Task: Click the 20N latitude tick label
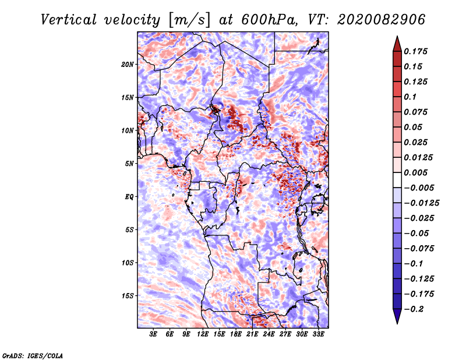(x=128, y=64)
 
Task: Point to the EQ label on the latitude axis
(x=129, y=197)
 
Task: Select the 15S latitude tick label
(x=128, y=296)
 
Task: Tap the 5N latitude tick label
(x=129, y=164)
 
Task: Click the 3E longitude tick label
(x=154, y=334)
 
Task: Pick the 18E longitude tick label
(x=236, y=334)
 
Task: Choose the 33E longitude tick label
(x=318, y=334)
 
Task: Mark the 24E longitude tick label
(x=269, y=334)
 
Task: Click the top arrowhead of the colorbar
(x=396, y=41)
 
